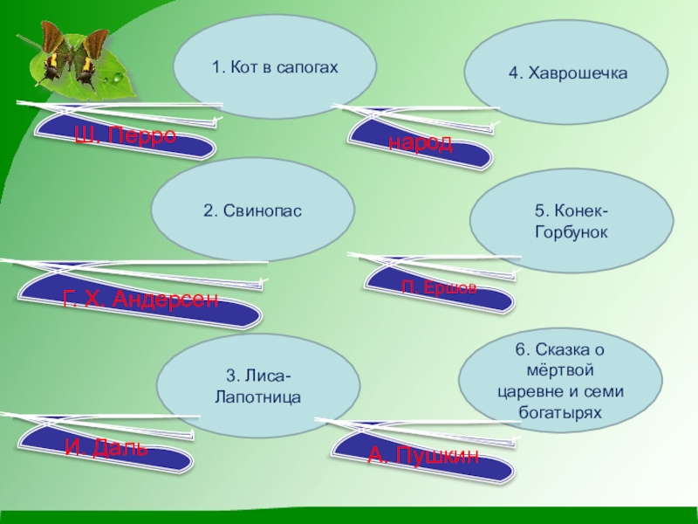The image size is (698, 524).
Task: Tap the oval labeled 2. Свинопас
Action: click(x=253, y=210)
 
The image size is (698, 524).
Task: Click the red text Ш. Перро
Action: click(x=125, y=135)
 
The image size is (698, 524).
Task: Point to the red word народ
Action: click(x=421, y=143)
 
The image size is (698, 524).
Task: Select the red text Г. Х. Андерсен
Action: click(x=140, y=300)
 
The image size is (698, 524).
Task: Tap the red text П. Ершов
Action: click(x=439, y=287)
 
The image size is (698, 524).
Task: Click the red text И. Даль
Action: click(x=106, y=448)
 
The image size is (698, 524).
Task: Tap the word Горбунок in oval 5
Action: click(x=571, y=233)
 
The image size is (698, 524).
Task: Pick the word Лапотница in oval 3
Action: click(x=257, y=396)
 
